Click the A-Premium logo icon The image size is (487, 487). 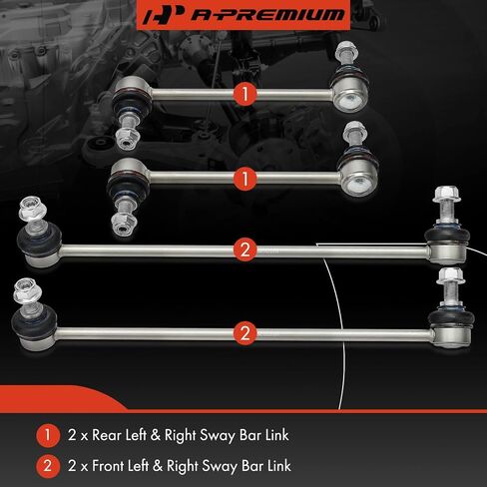coord(163,15)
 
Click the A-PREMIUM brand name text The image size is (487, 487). coord(267,15)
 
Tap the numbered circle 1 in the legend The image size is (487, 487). coord(48,435)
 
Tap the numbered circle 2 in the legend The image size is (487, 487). coord(48,466)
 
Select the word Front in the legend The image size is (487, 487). coord(107,466)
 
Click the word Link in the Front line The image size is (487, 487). coord(279,466)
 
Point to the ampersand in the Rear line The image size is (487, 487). coord(156,435)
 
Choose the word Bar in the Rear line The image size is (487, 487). coord(249,435)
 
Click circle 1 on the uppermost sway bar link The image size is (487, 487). coord(245,94)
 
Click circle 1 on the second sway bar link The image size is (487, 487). coord(245,179)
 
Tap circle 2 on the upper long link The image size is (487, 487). coord(245,249)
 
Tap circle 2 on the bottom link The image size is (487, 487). coord(245,333)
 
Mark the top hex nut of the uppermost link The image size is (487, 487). coord(346,49)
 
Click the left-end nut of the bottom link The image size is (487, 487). coord(25,290)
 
